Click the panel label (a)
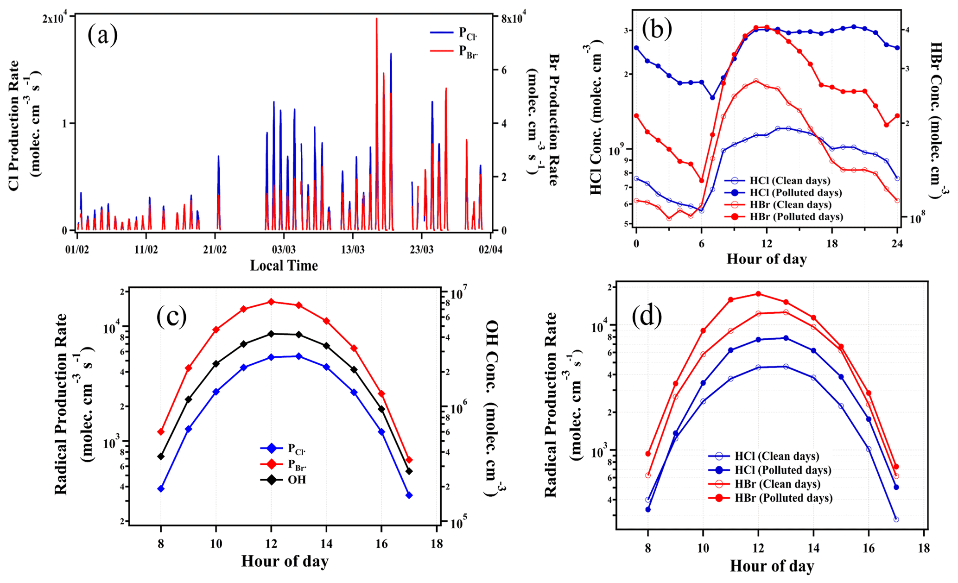pos(102,35)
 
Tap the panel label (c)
pos(171,316)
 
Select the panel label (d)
pos(647,316)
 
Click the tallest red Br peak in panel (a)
pos(376,19)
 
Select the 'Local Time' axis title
pos(284,266)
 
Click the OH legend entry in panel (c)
pos(297,480)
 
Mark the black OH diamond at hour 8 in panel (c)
pos(161,456)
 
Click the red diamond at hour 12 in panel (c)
pos(272,302)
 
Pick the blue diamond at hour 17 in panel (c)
pos(409,495)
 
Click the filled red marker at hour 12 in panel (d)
pos(758,293)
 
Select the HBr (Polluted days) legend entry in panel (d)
pos(783,498)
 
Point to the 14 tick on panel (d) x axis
pos(813,548)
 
